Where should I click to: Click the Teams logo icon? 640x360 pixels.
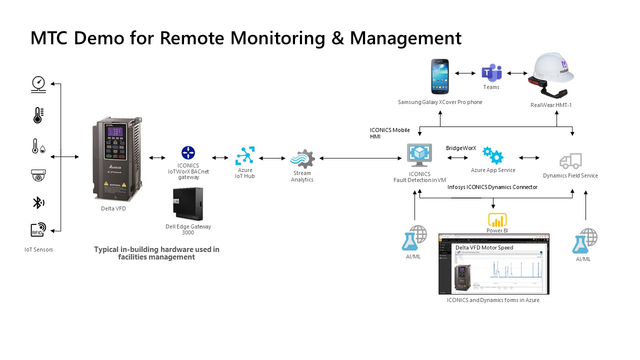point(491,72)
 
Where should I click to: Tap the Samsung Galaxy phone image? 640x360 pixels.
point(440,76)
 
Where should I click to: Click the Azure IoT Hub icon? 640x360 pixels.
point(245,156)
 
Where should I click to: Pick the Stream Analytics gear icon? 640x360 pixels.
point(302,159)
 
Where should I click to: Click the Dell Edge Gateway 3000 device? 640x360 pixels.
point(187,204)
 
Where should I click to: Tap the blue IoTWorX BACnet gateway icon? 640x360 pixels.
point(188,152)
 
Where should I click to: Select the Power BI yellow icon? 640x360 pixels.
point(497,220)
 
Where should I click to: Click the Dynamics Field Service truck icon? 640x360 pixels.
point(570,161)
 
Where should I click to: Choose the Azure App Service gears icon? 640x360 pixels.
point(493,156)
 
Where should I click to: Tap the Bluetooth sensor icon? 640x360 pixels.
point(38,202)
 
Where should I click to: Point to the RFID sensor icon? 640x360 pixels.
point(38,230)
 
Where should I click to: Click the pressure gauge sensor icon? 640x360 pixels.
point(38,84)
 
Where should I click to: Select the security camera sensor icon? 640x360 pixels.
point(38,175)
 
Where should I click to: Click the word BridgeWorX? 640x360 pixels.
point(461,148)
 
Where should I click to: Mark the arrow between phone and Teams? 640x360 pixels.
point(465,73)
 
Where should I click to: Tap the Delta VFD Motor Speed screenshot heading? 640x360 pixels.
point(484,247)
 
